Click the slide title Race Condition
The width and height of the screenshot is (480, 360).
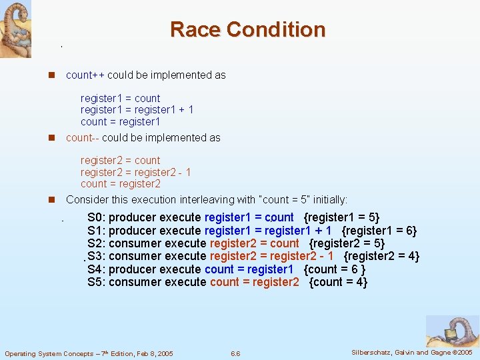247,29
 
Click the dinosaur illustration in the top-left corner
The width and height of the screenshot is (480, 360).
15,28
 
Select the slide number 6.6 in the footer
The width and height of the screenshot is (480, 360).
235,353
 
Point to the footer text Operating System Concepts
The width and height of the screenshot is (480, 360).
89,353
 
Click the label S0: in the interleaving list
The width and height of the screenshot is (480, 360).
97,217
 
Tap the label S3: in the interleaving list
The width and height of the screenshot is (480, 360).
97,256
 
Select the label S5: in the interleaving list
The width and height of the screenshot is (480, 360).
97,282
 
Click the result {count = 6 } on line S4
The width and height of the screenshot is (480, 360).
334,269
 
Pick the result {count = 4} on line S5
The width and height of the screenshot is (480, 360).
339,282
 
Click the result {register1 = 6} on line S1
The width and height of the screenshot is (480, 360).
379,231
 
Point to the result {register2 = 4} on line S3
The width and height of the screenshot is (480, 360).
381,256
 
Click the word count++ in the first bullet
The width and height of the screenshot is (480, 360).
85,75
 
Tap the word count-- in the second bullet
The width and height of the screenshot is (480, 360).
83,137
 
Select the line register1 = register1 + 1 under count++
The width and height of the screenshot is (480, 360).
137,110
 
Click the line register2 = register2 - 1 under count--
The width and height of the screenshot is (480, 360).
135,172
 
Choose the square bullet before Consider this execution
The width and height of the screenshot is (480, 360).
51,200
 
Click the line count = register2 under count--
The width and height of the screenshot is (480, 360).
120,184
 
